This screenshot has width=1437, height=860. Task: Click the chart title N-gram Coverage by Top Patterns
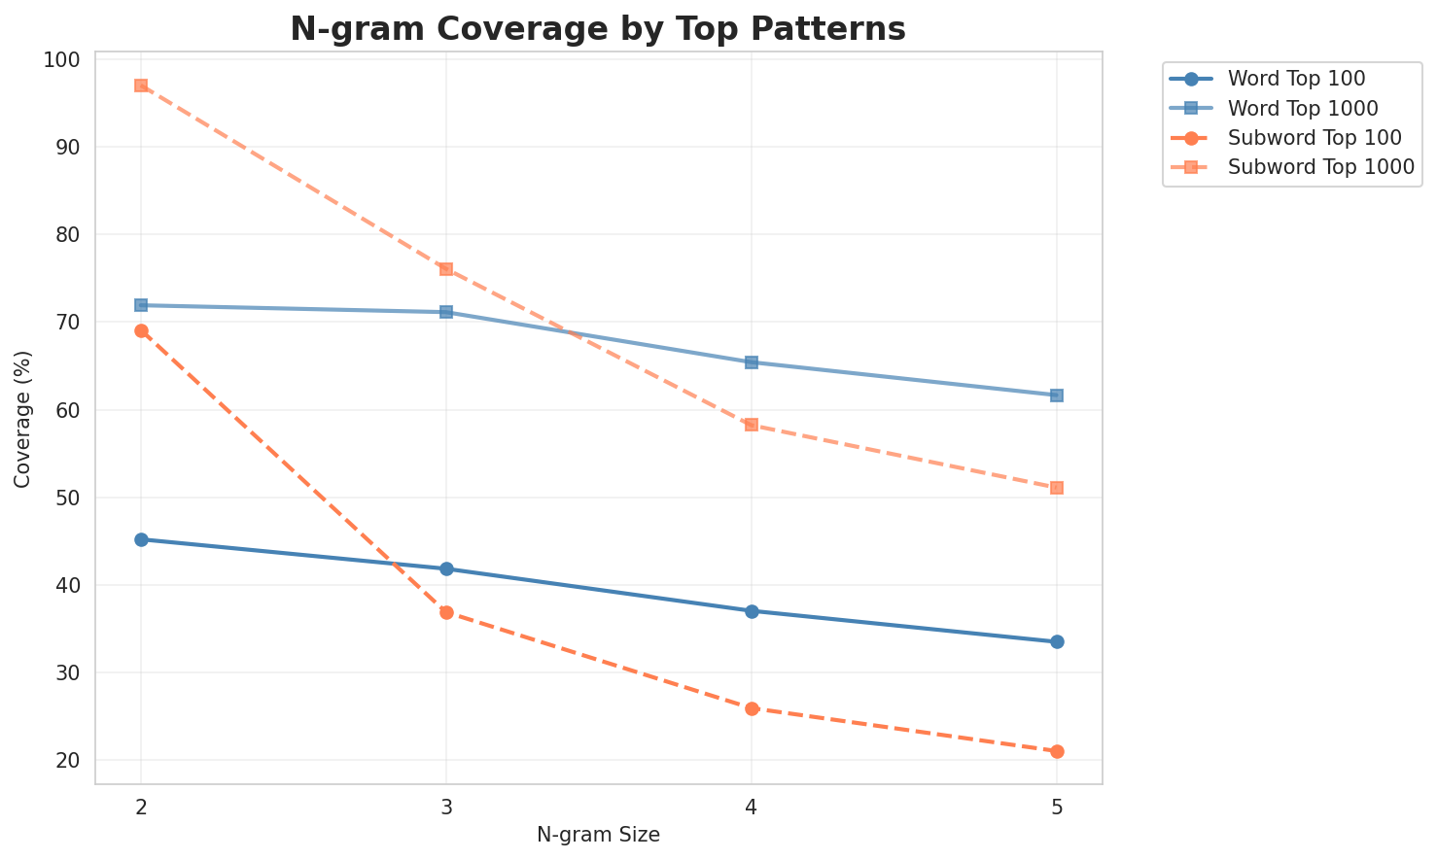[x=598, y=29]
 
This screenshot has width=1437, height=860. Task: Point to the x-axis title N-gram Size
[x=598, y=835]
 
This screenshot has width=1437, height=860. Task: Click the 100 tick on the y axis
[x=62, y=60]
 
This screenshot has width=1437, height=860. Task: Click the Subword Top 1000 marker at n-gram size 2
[x=141, y=86]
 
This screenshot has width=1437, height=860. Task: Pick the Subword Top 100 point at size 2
[x=141, y=330]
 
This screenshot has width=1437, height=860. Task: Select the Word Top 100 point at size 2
[x=141, y=539]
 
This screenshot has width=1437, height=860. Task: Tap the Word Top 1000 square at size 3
[x=446, y=312]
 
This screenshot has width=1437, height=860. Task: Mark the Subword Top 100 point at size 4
[x=752, y=708]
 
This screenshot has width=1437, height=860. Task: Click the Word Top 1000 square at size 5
[x=1057, y=396]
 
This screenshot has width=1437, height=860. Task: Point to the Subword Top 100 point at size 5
[x=1057, y=751]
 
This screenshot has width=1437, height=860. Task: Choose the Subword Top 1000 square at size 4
[x=752, y=425]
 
